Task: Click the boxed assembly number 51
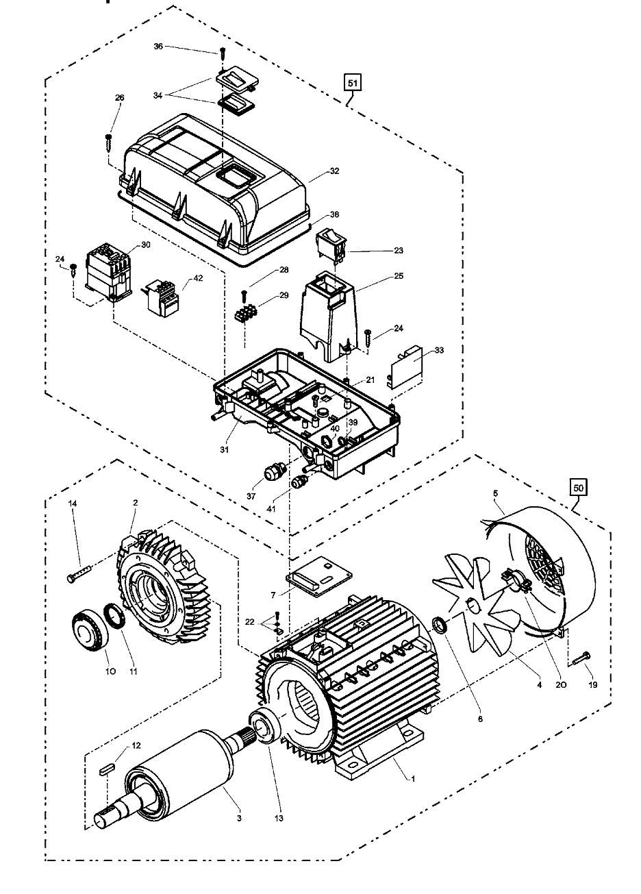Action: (352, 83)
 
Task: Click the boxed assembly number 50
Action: (578, 488)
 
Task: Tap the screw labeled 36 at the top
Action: (222, 53)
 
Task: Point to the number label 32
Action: (334, 171)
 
